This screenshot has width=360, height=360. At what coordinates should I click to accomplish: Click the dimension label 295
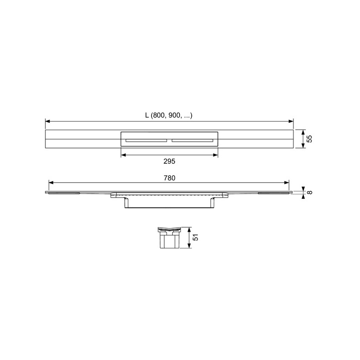[x=169, y=161]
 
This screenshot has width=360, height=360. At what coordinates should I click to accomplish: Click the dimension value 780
[x=169, y=178]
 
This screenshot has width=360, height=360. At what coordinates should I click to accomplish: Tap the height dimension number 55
[x=309, y=139]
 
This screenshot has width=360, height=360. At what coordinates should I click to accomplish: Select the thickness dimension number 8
[x=309, y=192]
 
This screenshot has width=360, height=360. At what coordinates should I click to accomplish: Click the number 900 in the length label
[x=174, y=115]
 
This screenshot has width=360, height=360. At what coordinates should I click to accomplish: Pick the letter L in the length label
[x=147, y=115]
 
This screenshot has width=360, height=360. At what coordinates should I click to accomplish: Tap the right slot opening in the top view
[x=193, y=140]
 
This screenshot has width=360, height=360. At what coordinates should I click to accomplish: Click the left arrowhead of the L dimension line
[x=47, y=121]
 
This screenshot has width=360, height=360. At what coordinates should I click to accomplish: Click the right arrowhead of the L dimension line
[x=291, y=121]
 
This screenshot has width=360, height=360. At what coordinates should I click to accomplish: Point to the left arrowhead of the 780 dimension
[x=51, y=183]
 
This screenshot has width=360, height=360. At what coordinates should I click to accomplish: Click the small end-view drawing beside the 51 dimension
[x=169, y=238]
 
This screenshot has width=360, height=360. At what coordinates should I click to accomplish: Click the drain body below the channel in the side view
[x=169, y=203]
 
